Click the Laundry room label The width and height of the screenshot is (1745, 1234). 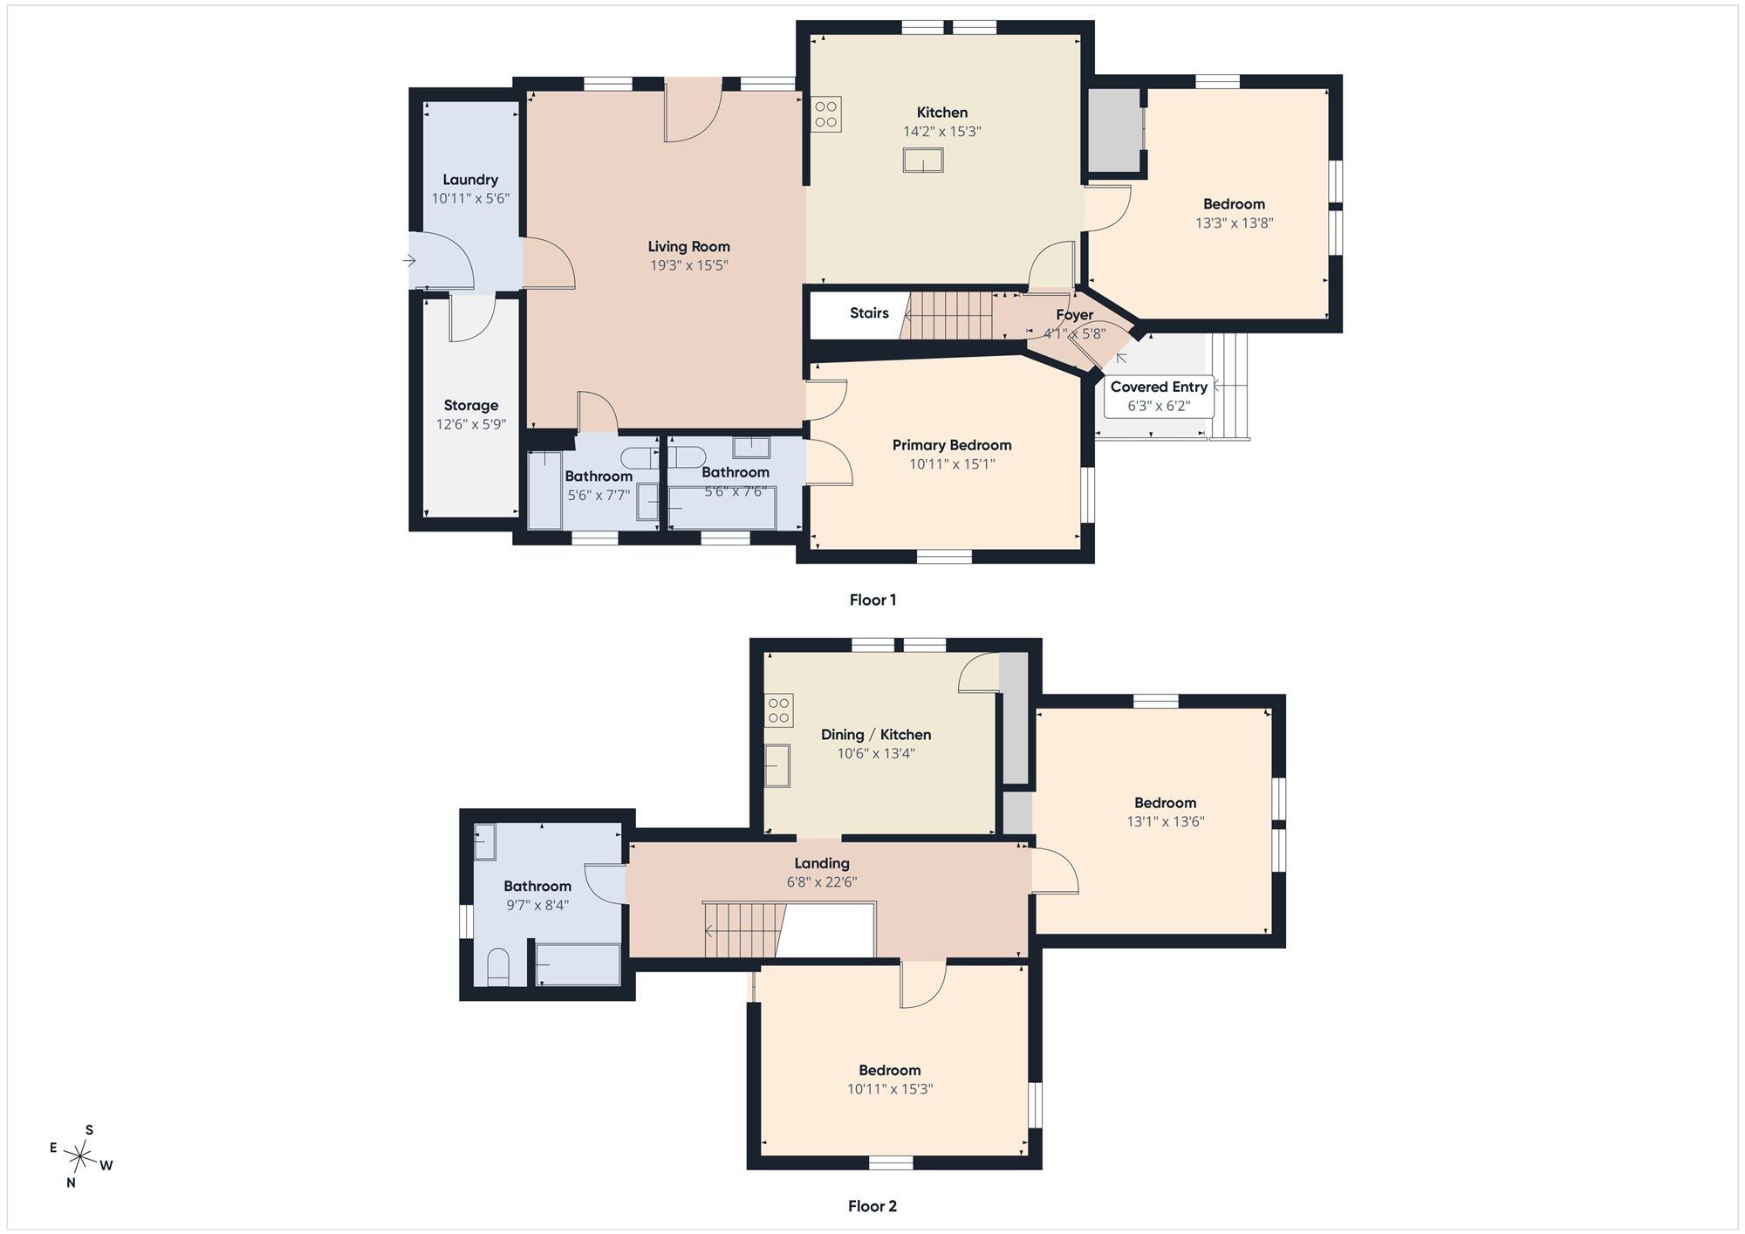(x=470, y=180)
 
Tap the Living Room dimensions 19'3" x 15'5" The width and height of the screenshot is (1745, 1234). (x=689, y=265)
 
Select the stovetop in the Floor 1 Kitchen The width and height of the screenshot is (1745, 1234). (x=825, y=114)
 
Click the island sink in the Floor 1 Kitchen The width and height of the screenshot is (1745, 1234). (x=922, y=161)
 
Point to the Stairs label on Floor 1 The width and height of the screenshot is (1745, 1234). (x=869, y=313)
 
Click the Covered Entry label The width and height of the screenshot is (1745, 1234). (x=1159, y=387)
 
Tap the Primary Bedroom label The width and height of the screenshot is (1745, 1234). (x=952, y=445)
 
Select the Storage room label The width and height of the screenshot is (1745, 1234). (x=471, y=405)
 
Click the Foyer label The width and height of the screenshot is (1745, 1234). (x=1075, y=314)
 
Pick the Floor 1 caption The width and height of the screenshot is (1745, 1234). (x=872, y=600)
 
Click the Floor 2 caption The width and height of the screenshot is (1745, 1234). (x=872, y=1206)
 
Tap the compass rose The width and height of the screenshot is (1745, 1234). (x=81, y=1157)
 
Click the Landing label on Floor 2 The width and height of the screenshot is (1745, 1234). (x=822, y=863)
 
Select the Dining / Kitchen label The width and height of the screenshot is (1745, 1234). (x=876, y=735)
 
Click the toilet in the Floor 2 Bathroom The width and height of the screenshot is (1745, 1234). (x=498, y=967)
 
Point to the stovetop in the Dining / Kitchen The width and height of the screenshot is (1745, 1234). (x=779, y=710)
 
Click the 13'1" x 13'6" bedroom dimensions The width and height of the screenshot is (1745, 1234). (x=1166, y=821)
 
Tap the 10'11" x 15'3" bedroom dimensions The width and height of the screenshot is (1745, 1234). (x=890, y=1089)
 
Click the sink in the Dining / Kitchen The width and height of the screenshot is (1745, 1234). (x=777, y=765)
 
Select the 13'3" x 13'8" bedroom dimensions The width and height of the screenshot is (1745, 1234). (x=1235, y=223)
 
